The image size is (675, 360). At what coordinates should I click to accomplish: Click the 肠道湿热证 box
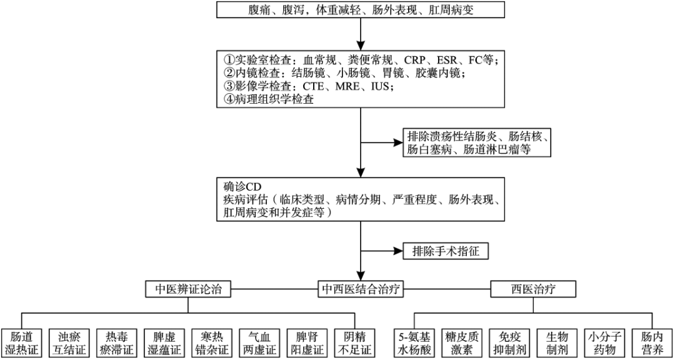pyautogui.click(x=22, y=342)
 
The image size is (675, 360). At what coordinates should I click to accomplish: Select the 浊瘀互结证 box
pyautogui.click(x=71, y=342)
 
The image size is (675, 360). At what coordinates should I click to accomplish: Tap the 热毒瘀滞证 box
pyautogui.click(x=118, y=342)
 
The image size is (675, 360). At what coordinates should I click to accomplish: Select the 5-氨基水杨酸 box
pyautogui.click(x=415, y=342)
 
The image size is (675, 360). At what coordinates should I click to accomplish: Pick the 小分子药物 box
pyautogui.click(x=602, y=342)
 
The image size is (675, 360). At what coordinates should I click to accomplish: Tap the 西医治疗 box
pyautogui.click(x=533, y=289)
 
